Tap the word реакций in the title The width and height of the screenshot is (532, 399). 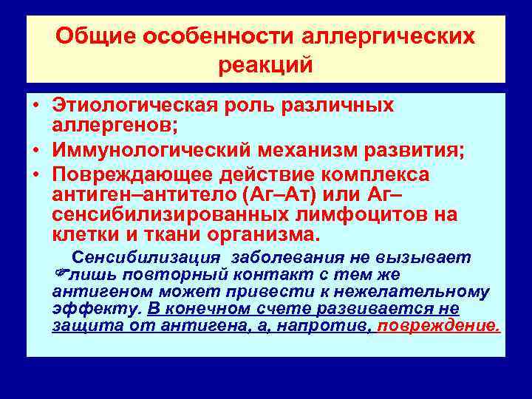pos(266,64)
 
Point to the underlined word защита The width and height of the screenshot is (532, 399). pos(80,326)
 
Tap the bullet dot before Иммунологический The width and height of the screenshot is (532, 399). pos(35,151)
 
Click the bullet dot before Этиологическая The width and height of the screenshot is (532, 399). pos(35,106)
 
